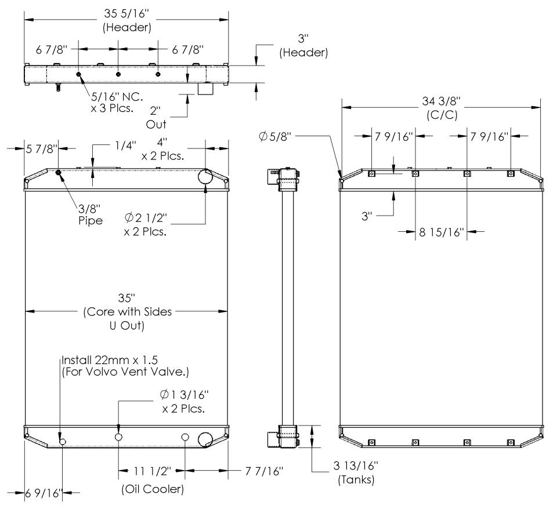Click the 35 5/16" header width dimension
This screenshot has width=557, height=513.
click(125, 20)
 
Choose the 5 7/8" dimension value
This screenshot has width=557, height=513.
click(41, 149)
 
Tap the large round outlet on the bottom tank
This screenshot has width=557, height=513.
click(206, 440)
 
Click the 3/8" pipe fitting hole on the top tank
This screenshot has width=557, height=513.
click(59, 172)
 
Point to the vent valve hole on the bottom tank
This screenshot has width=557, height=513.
click(63, 442)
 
